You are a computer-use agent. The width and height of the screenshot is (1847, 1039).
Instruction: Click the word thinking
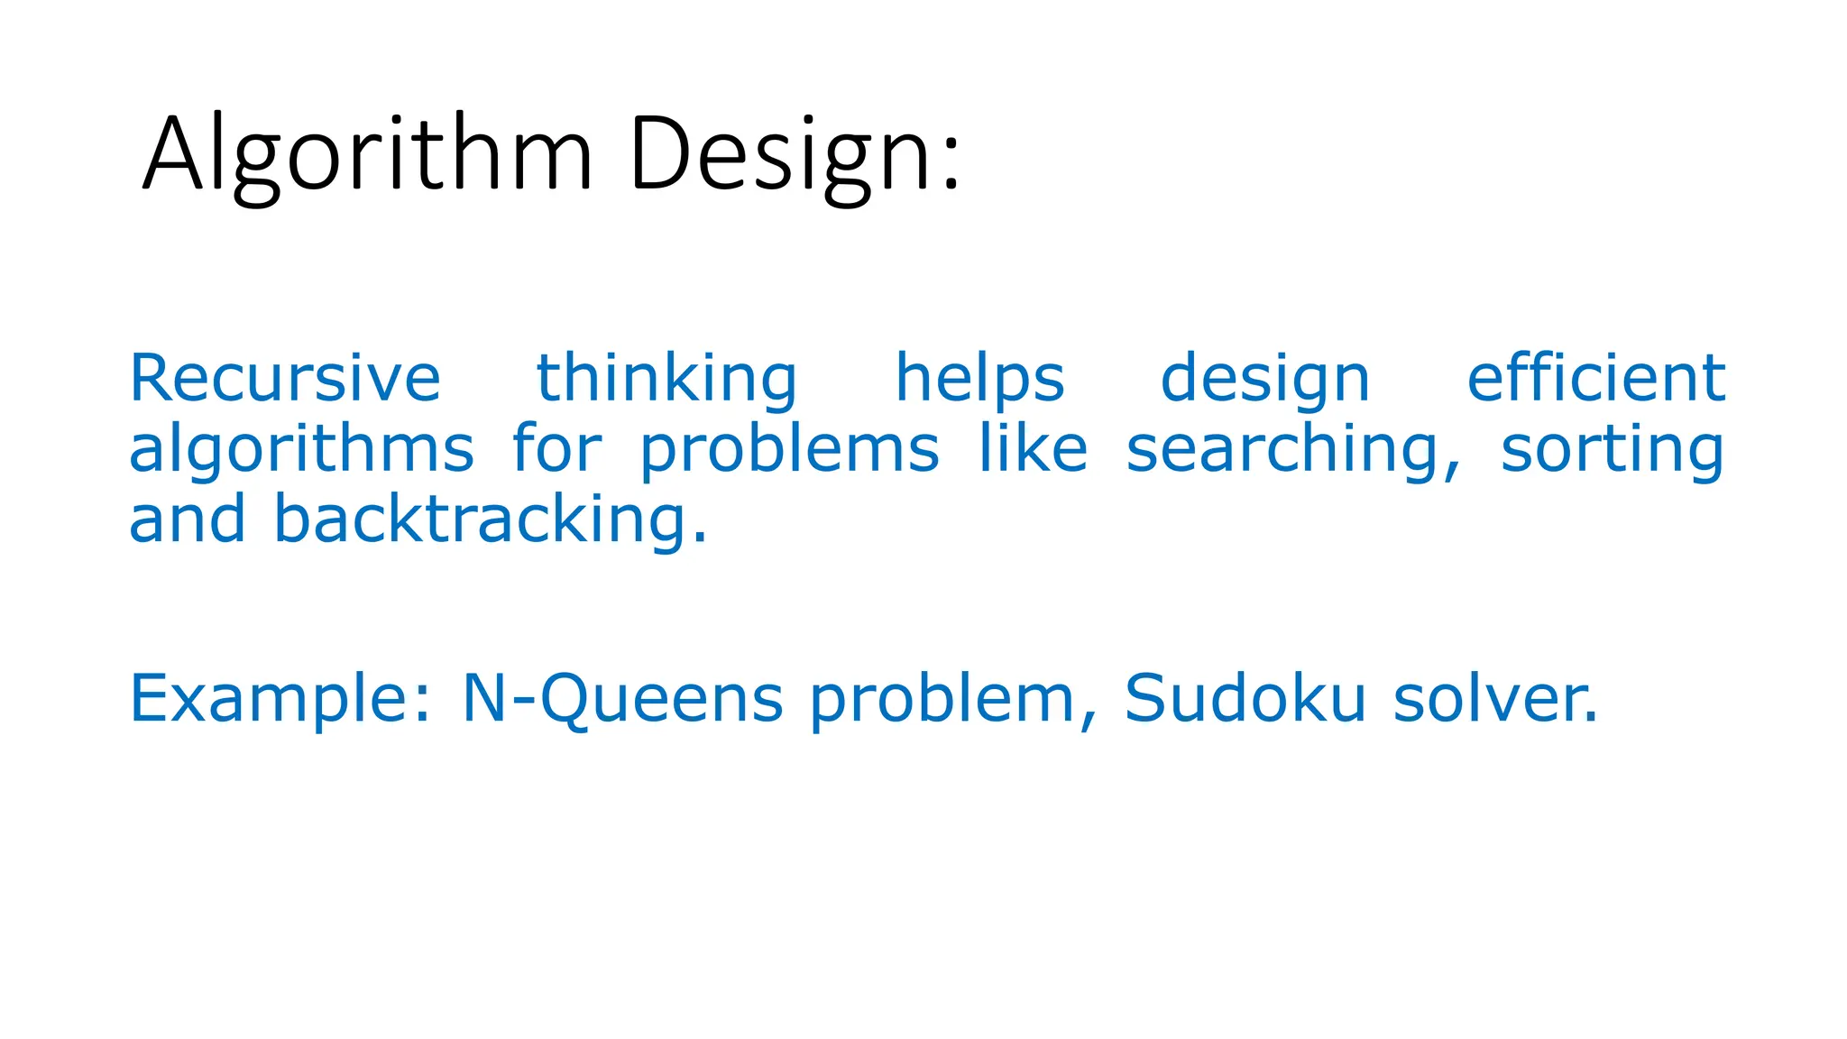click(x=666, y=379)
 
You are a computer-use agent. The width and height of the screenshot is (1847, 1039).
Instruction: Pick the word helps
click(x=979, y=379)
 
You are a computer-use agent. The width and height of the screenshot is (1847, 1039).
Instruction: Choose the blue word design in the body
click(x=1264, y=379)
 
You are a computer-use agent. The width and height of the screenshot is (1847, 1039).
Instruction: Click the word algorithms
click(x=301, y=449)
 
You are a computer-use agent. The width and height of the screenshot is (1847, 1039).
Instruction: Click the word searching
click(x=1291, y=449)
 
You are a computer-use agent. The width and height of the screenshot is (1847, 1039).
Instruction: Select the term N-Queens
click(x=622, y=698)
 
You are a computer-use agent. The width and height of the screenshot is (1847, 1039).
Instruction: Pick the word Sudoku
click(x=1245, y=698)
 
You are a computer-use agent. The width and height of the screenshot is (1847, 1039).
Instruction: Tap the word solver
click(x=1494, y=698)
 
